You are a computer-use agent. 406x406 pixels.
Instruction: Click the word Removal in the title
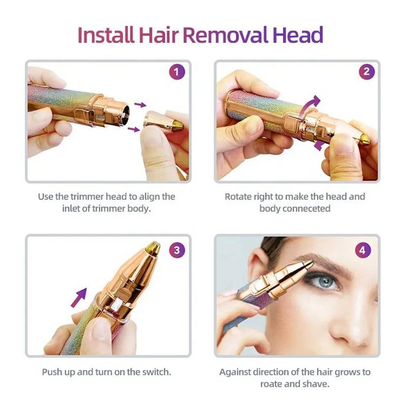coord(225,35)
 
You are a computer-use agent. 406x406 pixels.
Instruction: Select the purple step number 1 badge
coord(176,73)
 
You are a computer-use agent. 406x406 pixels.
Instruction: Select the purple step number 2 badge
coord(366,73)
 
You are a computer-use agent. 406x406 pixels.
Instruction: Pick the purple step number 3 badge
coord(176,250)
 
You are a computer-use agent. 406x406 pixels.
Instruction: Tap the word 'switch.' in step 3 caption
coord(156,371)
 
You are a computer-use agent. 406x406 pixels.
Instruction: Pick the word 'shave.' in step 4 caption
coord(316,384)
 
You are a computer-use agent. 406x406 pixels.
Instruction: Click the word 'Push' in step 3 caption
coord(52,371)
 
